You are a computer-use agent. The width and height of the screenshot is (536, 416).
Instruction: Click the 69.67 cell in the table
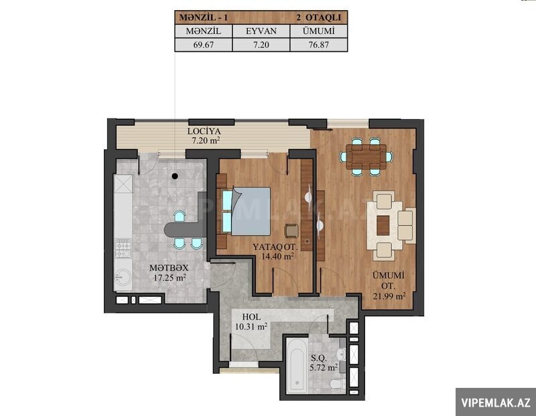pos(204,44)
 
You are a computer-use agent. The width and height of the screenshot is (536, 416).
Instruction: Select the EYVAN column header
pos(261,31)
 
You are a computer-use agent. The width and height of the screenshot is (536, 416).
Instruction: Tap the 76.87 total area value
pos(319,44)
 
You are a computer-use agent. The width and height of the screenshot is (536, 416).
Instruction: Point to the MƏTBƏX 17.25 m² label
pos(170,273)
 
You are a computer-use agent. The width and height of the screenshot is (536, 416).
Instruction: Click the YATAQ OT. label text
pos(275,247)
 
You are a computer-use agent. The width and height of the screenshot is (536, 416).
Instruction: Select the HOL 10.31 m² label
pos(251,322)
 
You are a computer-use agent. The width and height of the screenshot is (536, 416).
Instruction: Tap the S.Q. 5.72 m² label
pos(324,363)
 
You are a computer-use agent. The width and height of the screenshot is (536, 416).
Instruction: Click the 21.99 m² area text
pos(389,295)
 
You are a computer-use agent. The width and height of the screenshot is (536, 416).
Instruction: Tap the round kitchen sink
pos(123,277)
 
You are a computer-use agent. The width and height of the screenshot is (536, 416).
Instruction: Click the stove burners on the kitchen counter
pos(123,249)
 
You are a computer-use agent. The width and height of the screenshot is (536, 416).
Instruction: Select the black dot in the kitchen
pos(175,176)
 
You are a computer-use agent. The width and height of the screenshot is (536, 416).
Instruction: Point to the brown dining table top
pos(366,157)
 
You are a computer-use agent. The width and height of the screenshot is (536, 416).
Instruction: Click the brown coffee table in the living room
pos(383,226)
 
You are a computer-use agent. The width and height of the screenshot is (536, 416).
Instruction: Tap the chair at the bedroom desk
pos(292,230)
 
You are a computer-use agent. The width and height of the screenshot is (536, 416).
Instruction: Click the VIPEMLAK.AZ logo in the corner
pos(496,403)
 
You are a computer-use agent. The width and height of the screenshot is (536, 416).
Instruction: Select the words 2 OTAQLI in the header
pos(318,17)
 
